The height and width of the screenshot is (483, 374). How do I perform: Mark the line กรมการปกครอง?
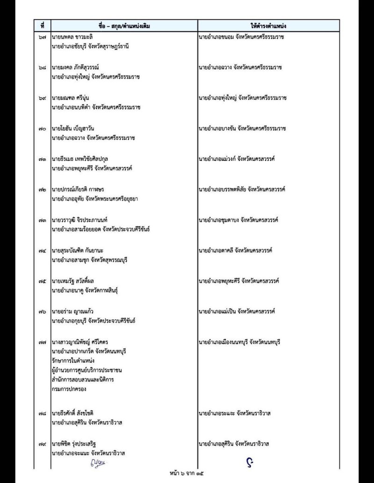[69, 388]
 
